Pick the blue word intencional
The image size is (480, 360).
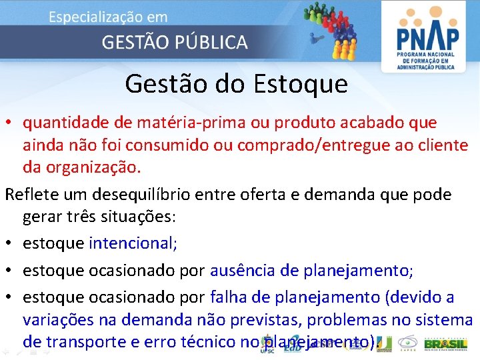coord(133,243)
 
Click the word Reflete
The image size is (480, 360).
coord(31,195)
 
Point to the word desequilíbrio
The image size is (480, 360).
coord(135,195)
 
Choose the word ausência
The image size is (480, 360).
coord(243,271)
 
